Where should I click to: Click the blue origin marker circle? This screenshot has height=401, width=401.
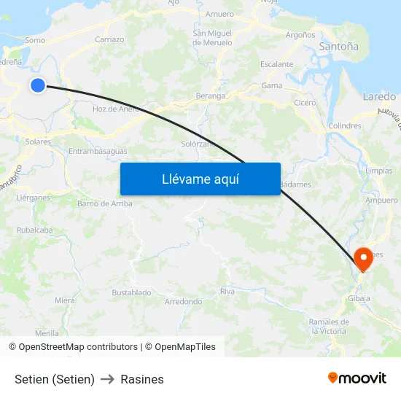(38, 85)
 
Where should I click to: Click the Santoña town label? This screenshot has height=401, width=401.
(339, 47)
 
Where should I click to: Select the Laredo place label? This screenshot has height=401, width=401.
(378, 96)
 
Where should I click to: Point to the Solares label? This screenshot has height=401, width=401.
(38, 142)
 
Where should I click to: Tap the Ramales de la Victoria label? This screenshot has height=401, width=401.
(328, 326)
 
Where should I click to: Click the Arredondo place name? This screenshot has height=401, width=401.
(183, 301)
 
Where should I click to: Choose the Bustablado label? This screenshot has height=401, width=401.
(131, 292)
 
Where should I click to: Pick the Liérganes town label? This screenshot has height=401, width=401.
(33, 198)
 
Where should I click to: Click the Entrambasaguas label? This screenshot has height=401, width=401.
(98, 152)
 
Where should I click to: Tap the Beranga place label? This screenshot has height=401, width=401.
(211, 96)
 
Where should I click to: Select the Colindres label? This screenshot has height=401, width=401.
(345, 126)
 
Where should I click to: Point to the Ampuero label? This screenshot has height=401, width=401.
(381, 200)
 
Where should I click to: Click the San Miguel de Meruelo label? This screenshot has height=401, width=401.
(212, 38)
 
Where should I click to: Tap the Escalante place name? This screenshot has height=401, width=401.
(276, 64)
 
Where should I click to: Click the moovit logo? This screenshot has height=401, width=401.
(357, 378)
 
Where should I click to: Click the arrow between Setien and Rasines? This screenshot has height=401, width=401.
(108, 379)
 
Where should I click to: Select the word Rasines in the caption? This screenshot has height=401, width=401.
(142, 379)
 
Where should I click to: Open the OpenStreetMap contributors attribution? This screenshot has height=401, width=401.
(77, 347)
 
